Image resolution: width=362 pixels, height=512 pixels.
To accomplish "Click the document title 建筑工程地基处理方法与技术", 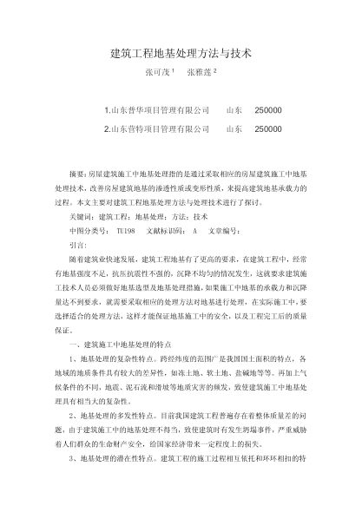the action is pos(181,54).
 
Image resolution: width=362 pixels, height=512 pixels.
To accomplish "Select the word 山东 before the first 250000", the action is pos(234,111).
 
